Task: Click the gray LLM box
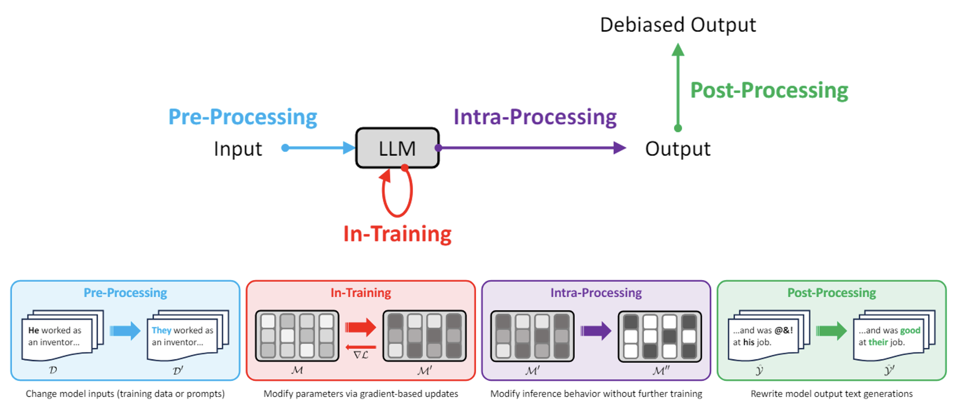point(397,148)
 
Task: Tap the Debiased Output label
point(677,25)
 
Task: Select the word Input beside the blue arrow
point(237,149)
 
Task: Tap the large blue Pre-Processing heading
point(242,117)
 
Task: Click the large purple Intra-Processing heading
point(534,117)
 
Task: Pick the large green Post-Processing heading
point(768,90)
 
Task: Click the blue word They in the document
point(161,330)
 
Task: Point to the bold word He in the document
point(33,330)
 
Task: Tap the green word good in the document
point(910,330)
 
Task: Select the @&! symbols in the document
point(783,330)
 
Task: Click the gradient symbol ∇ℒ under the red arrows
point(360,355)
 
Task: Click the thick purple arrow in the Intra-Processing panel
point(595,330)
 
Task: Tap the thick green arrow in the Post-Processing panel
point(831,330)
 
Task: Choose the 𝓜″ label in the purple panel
point(660,371)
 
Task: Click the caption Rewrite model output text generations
point(831,394)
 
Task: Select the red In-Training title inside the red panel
point(360,293)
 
